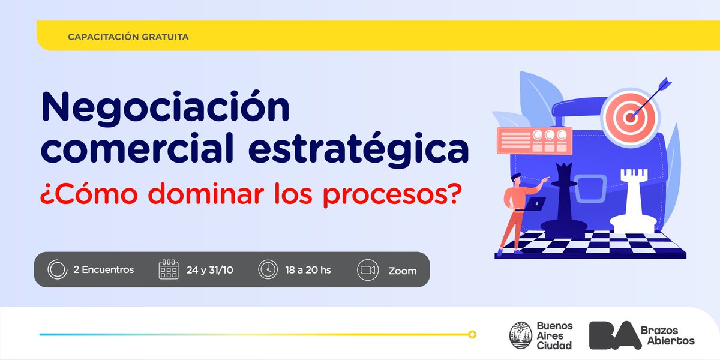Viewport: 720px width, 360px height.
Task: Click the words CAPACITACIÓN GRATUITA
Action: tap(129, 37)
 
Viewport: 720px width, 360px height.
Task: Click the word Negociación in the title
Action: tap(165, 108)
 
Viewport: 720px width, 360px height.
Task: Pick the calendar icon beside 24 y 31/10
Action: tap(169, 269)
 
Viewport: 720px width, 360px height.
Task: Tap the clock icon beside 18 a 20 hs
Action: tap(268, 269)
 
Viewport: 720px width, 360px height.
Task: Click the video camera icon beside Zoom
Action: tap(367, 270)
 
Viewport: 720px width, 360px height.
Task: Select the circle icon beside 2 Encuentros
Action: tap(56, 269)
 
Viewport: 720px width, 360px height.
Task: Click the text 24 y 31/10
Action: tap(209, 270)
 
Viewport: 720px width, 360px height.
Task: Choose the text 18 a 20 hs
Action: tap(308, 270)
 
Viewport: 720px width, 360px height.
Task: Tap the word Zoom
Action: tap(402, 271)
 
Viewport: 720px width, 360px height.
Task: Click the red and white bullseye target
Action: tap(629, 116)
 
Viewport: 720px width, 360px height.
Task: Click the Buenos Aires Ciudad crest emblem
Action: tap(519, 335)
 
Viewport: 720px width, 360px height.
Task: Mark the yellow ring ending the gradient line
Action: tap(472, 334)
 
